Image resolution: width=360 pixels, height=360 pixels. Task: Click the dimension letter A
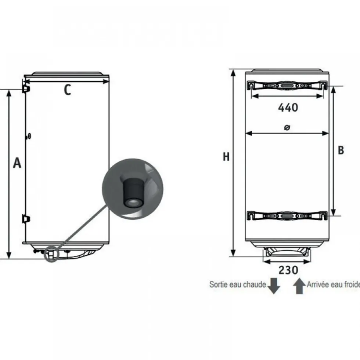tap(17, 163)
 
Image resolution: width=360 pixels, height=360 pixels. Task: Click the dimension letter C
tap(67, 90)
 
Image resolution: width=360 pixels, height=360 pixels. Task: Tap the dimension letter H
tap(226, 157)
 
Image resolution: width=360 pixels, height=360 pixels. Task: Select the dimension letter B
tap(341, 150)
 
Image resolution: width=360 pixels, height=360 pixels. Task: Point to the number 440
tap(288, 108)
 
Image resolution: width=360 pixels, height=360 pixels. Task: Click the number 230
tap(288, 270)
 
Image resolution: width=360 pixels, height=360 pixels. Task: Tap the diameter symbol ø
tap(287, 127)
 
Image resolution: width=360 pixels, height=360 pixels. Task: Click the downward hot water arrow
tap(274, 286)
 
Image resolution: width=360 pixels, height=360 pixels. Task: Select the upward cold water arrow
tap(299, 286)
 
